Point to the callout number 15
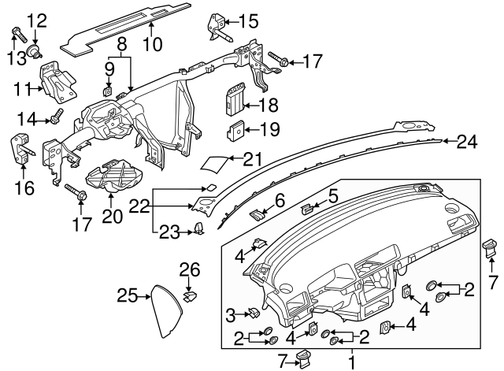(248, 21)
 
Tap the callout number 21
(251, 159)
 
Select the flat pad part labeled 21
(215, 164)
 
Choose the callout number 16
(22, 187)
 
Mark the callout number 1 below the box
(352, 363)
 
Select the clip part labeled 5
(308, 209)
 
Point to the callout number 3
(231, 315)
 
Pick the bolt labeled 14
(57, 119)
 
